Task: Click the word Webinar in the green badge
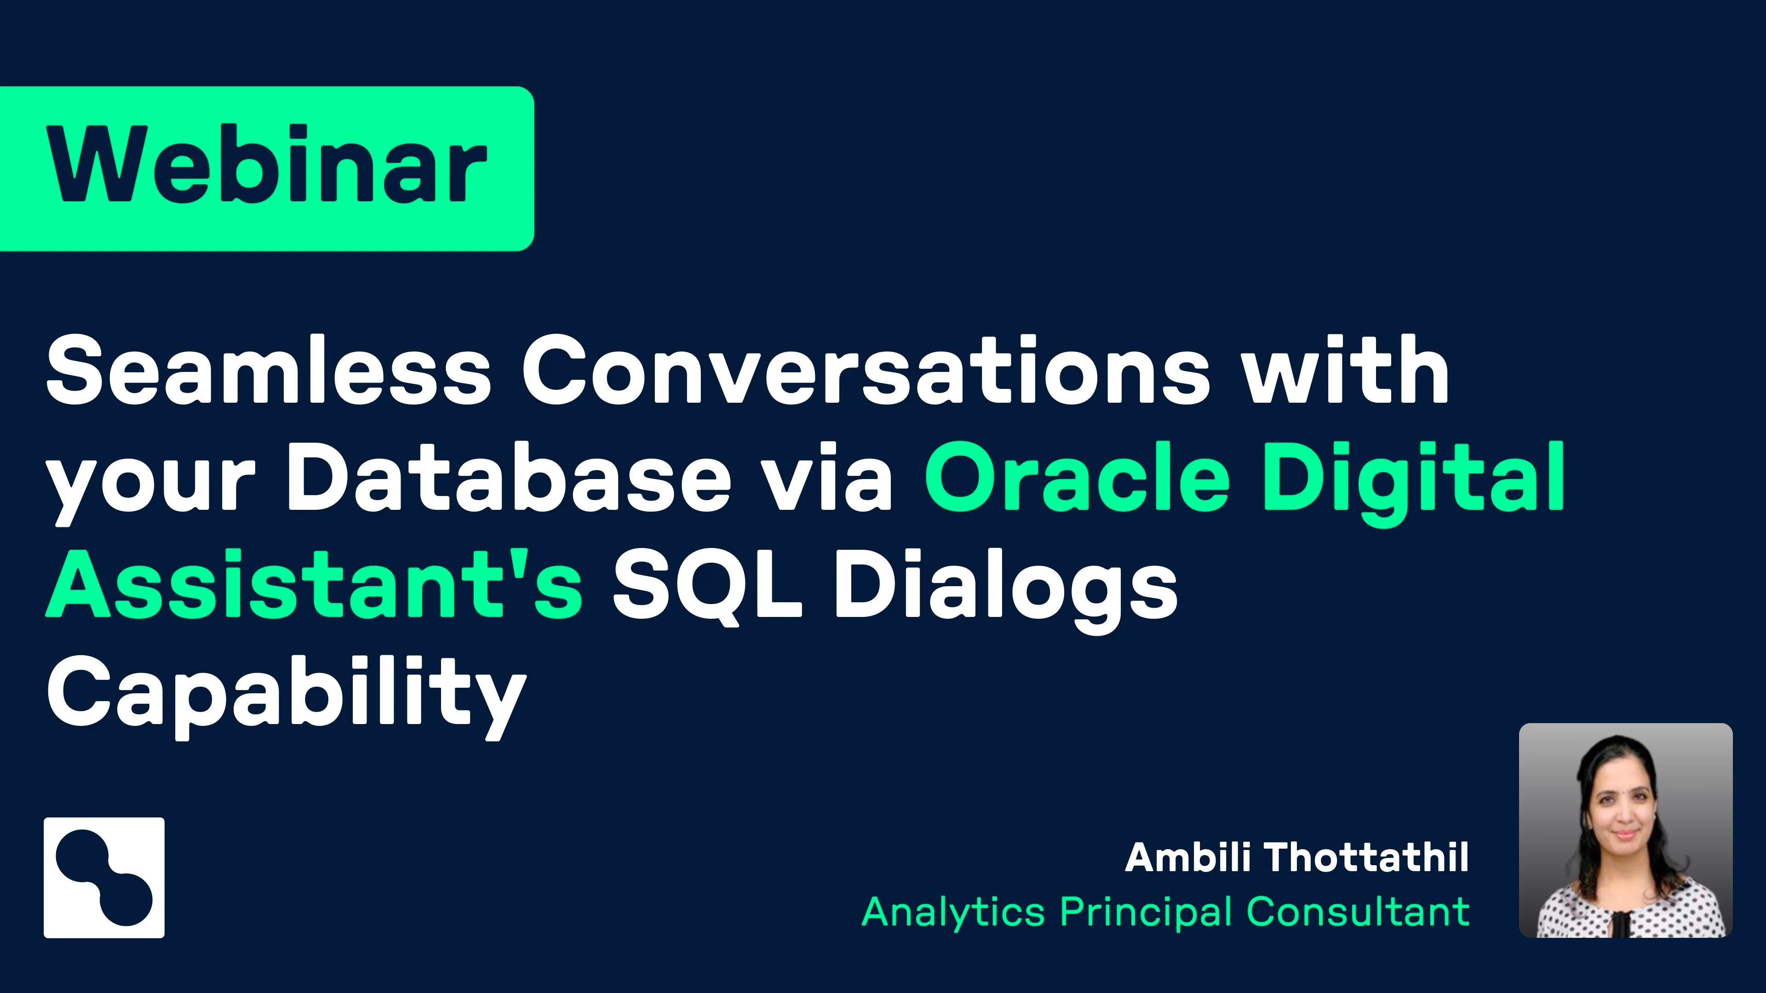click(267, 165)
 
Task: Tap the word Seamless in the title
click(269, 370)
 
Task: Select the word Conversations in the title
click(866, 370)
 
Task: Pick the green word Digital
click(1414, 483)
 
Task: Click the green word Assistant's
click(315, 583)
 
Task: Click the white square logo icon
click(104, 877)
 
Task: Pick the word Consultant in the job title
click(1358, 912)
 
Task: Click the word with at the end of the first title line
click(1347, 370)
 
